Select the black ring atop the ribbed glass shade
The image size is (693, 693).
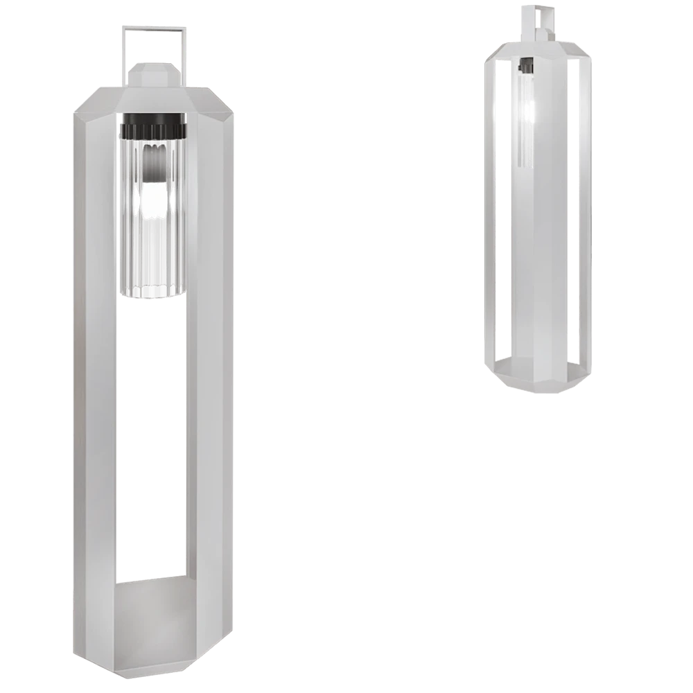[154, 129]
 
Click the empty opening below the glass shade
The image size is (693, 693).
[154, 437]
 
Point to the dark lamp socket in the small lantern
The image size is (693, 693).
[526, 66]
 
